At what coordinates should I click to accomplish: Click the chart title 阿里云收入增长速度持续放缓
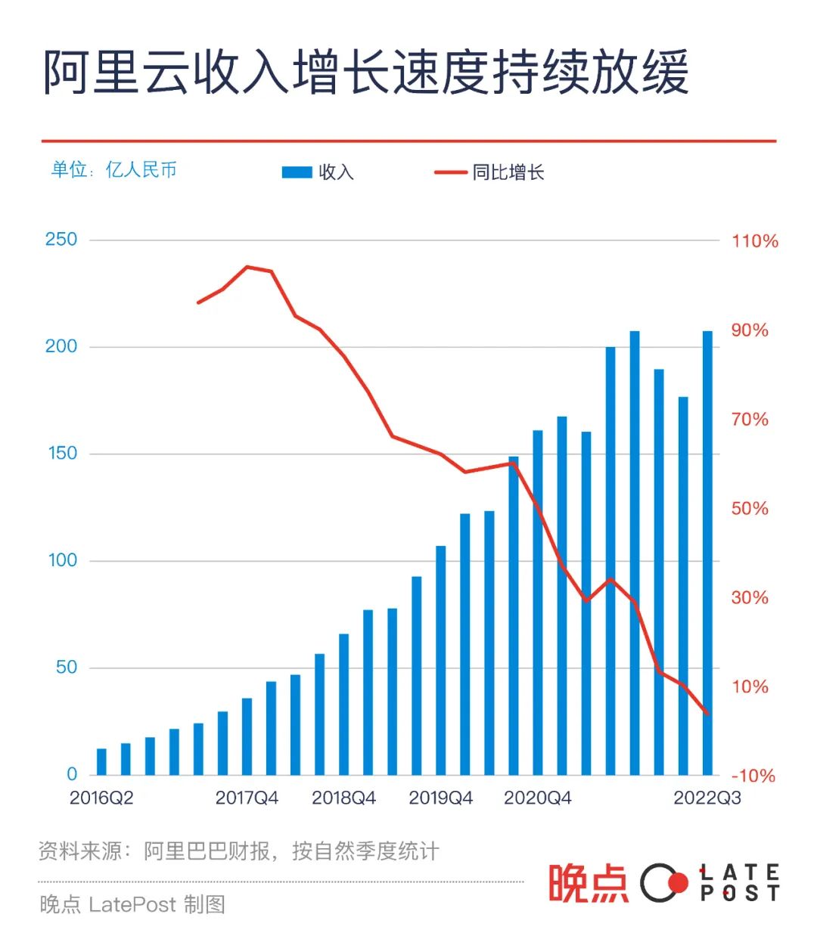[365, 73]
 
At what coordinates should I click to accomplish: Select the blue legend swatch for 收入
[297, 172]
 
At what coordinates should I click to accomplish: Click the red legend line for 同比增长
[450, 172]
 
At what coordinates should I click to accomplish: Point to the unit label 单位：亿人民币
[113, 169]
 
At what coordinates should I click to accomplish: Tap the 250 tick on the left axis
[61, 240]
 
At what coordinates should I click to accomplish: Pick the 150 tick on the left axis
[61, 454]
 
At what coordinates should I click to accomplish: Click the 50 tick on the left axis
[66, 668]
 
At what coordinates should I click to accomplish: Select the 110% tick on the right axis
[754, 241]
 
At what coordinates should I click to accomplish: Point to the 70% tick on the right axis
[750, 420]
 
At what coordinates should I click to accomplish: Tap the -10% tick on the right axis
[753, 776]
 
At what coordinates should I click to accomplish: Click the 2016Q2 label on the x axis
[101, 798]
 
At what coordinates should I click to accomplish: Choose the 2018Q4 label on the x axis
[343, 798]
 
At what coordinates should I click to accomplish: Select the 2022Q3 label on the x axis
[707, 798]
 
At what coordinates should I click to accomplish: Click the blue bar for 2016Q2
[101, 762]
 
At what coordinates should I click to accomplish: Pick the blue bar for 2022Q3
[707, 552]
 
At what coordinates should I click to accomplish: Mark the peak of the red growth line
[247, 266]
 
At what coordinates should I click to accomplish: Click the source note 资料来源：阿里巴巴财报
[238, 851]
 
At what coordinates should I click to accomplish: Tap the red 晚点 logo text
[588, 883]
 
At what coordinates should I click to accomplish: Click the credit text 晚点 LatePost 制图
[132, 904]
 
